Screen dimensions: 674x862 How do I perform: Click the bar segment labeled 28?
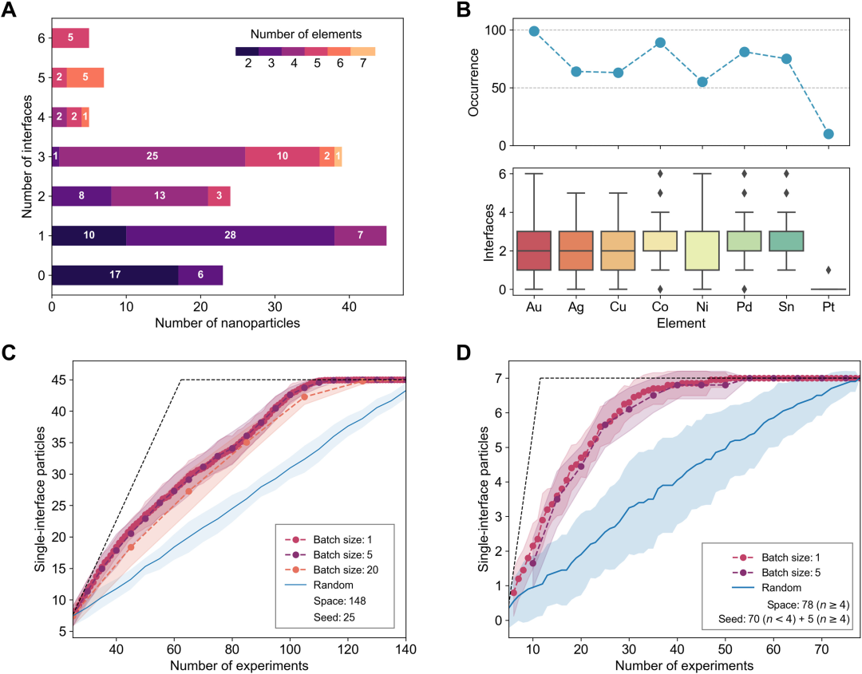click(230, 235)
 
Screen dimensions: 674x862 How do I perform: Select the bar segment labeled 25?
click(152, 156)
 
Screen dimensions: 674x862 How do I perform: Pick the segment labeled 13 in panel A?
click(160, 195)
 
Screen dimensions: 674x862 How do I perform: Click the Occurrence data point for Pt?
click(828, 134)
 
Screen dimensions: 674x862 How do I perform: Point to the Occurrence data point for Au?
click(534, 31)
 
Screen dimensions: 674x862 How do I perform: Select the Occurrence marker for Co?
click(660, 42)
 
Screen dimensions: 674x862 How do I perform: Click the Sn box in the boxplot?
click(786, 241)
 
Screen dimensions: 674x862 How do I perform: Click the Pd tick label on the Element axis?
click(744, 305)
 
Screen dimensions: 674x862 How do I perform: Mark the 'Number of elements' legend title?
click(306, 34)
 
